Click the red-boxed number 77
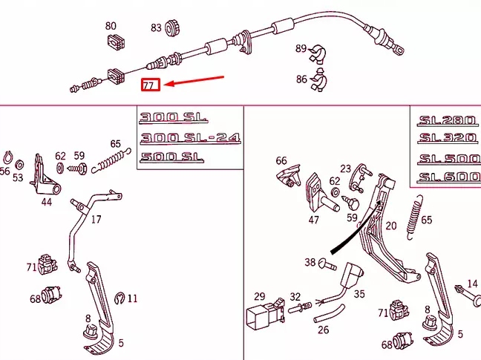click(x=150, y=85)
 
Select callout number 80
click(x=111, y=26)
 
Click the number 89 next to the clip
click(x=301, y=48)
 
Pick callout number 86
click(x=301, y=79)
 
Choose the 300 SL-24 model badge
click(x=191, y=137)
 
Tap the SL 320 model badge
click(x=443, y=137)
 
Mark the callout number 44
click(x=47, y=201)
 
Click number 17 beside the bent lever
click(x=96, y=220)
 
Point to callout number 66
click(x=281, y=160)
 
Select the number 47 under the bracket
click(x=314, y=220)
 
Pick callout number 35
click(x=359, y=294)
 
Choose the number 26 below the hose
click(x=323, y=330)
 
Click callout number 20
click(x=391, y=226)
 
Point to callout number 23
click(x=346, y=168)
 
